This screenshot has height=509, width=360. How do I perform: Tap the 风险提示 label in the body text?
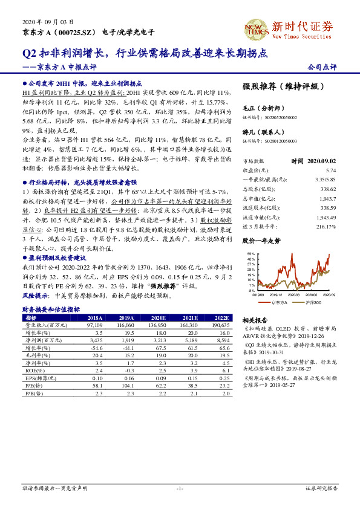pyautogui.click(x=34, y=297)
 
